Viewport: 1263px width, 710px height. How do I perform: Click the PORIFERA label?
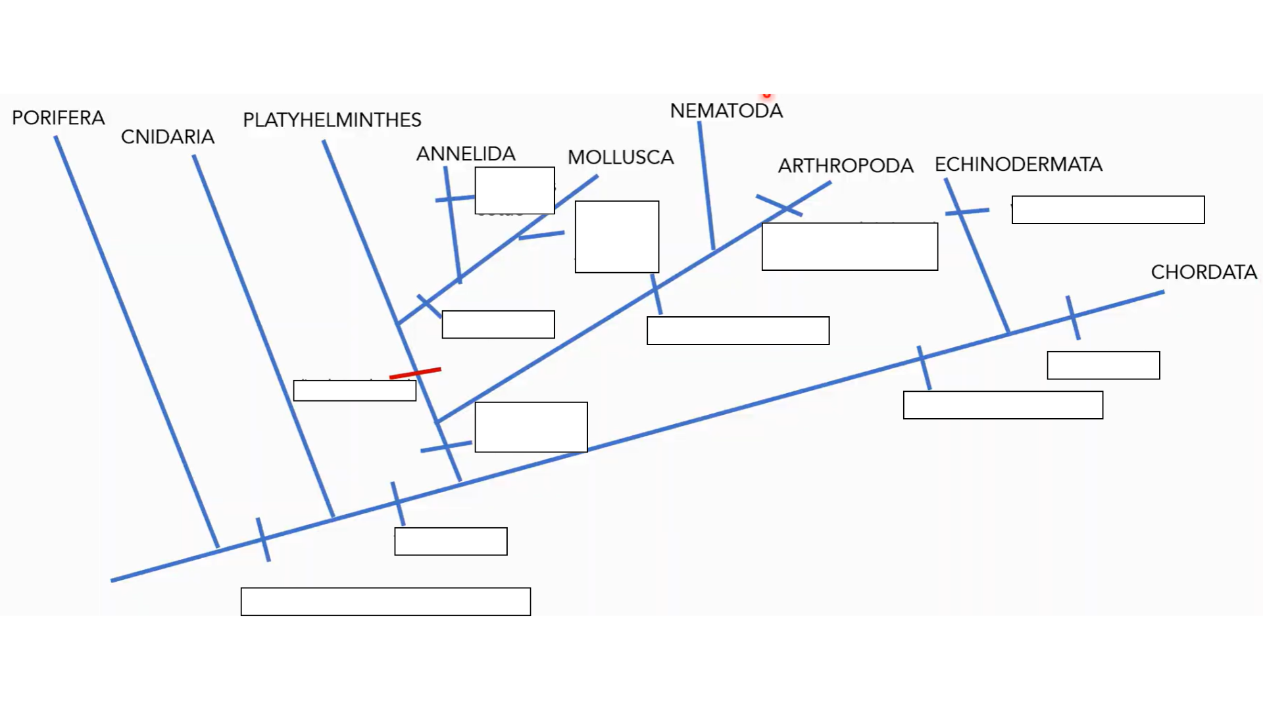(59, 118)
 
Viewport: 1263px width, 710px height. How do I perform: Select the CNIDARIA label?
(168, 137)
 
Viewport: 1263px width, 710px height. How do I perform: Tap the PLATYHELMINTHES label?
(332, 120)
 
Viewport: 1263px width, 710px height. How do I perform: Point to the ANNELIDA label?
(466, 154)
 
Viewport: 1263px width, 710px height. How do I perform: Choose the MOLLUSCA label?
(620, 158)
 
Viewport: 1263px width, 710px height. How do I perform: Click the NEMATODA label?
(726, 111)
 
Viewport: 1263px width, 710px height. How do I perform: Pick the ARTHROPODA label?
(845, 166)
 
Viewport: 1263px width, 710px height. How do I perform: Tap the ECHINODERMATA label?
(1018, 164)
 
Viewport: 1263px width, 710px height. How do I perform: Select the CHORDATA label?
(1204, 272)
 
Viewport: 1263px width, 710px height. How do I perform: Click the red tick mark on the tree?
(415, 373)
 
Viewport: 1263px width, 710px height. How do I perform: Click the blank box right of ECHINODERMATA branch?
(1108, 210)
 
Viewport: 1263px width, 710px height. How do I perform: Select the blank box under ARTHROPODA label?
(849, 247)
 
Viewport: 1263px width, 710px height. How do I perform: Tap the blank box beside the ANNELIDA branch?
(514, 191)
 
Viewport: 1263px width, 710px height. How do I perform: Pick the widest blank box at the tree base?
(385, 602)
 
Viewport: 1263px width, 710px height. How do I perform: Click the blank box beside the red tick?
(355, 390)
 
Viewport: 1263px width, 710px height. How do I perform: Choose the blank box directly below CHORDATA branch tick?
(1103, 366)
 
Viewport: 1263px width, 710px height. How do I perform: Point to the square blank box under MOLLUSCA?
(616, 237)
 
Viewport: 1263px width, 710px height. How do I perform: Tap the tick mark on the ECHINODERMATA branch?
(966, 212)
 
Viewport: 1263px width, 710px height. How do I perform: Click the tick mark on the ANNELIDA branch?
(454, 198)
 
